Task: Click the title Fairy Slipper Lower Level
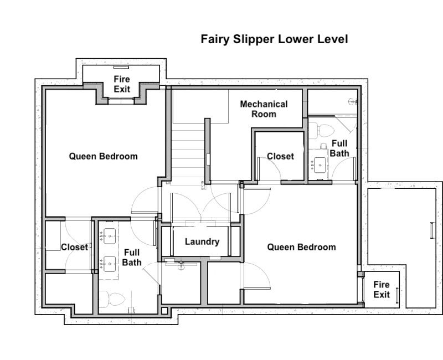point(274,39)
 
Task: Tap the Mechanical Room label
point(264,109)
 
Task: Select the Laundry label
point(202,241)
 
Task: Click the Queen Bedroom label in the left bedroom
point(103,156)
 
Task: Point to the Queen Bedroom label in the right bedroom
point(301,247)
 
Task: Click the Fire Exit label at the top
point(122,84)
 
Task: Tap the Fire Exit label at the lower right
point(382,289)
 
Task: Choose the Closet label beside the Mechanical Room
point(280,156)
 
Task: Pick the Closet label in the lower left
point(75,247)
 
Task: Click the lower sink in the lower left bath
point(109,264)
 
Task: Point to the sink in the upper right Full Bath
point(320,164)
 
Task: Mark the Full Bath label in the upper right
point(339,148)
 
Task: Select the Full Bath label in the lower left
point(132,258)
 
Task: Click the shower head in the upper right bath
point(353,101)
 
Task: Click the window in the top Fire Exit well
point(121,67)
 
